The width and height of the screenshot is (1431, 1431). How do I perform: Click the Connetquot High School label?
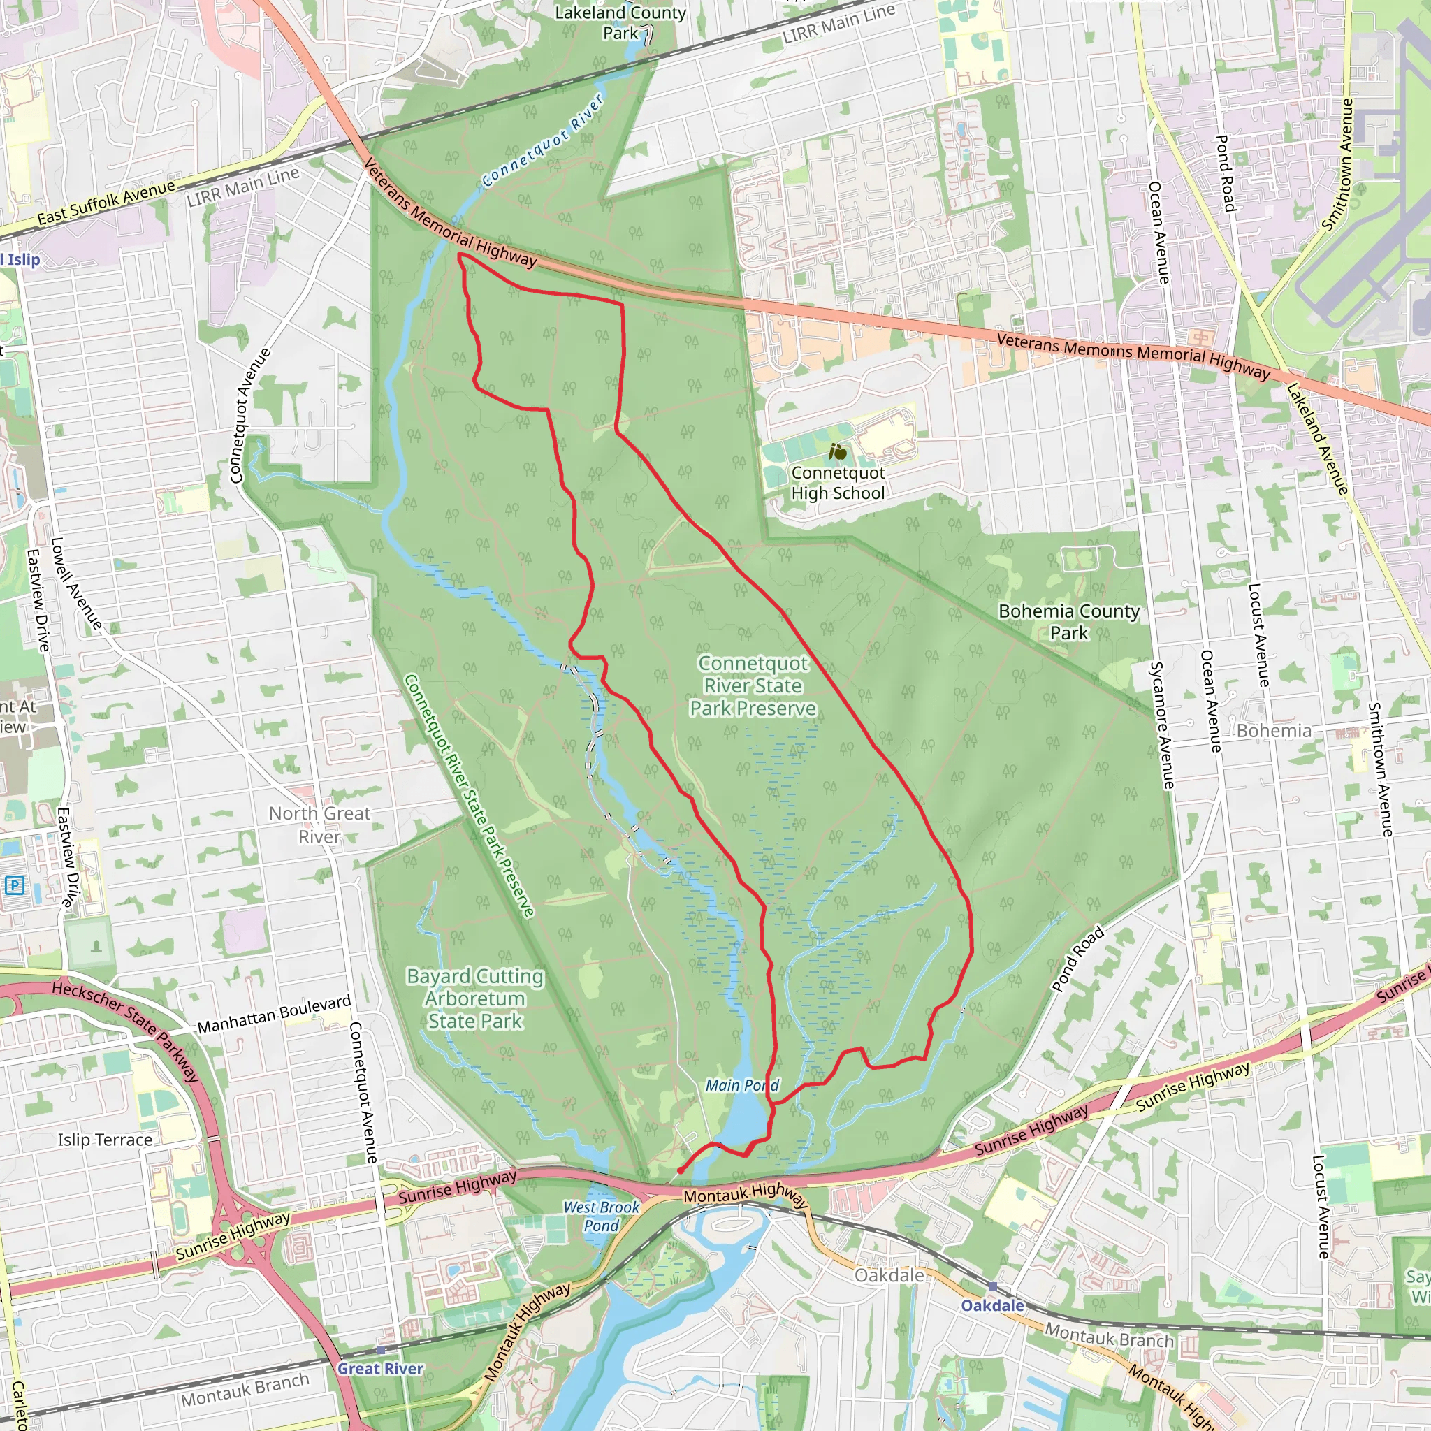point(838,483)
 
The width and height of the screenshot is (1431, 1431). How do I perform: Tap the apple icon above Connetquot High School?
point(838,451)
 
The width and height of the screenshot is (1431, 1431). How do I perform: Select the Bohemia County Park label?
point(1069,621)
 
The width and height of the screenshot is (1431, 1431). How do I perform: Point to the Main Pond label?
point(741,1085)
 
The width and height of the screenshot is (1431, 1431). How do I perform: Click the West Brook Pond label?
point(601,1216)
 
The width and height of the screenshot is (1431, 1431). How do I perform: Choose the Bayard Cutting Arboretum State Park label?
point(474,998)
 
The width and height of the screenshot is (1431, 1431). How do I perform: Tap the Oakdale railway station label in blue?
point(992,1305)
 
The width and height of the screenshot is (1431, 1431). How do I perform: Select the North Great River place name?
point(319,825)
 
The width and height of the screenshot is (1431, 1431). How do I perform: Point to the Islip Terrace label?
point(106,1140)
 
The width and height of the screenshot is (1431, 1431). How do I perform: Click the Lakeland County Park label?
point(620,22)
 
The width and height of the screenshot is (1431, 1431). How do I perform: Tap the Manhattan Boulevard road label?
point(274,1014)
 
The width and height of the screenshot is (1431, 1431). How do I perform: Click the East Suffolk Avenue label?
point(107,202)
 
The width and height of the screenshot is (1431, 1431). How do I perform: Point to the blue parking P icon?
point(14,885)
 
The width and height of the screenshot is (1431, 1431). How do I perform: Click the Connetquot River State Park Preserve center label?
point(753,686)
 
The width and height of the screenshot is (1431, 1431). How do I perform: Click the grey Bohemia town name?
point(1273,731)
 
